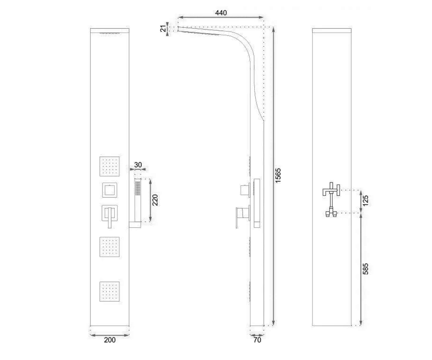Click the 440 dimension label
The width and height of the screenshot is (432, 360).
(x=221, y=13)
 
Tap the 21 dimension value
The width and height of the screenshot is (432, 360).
(x=163, y=28)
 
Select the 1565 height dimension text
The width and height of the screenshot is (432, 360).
(x=278, y=175)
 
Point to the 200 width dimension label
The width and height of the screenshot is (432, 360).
(x=110, y=340)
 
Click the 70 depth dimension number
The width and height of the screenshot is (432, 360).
(x=257, y=340)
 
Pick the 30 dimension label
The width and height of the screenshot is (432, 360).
(x=138, y=165)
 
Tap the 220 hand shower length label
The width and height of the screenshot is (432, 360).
(x=155, y=200)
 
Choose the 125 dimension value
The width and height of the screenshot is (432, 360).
(x=366, y=201)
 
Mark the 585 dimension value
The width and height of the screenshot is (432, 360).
(x=366, y=269)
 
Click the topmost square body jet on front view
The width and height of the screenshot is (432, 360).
(x=109, y=167)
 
